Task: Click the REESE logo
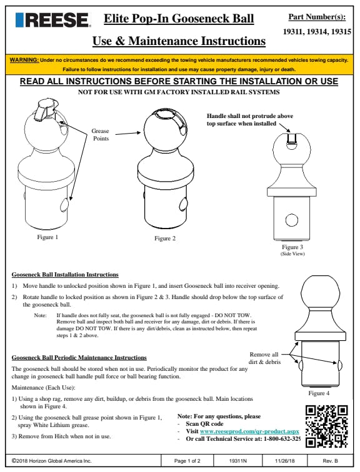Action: coord(52,20)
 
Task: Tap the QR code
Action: coord(326,426)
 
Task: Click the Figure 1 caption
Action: coord(47,237)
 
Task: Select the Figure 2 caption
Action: coord(165,238)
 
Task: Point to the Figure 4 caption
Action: coord(319,393)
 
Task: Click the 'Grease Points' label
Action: coord(101,135)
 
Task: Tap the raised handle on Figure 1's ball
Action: coord(44,109)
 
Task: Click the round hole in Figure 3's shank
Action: coord(292,220)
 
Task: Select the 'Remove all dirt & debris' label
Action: coord(264,358)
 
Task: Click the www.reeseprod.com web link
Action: coord(249,431)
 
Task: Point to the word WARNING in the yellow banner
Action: coord(24,60)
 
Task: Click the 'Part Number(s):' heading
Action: coord(317,17)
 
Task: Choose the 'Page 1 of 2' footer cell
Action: coord(187,461)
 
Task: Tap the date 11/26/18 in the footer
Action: coord(284,461)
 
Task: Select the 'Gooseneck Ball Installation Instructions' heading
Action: coord(65,275)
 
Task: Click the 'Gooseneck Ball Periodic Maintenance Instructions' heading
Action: coord(79,358)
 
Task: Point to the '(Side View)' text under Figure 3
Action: coord(292,253)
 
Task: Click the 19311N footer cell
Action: coord(237,461)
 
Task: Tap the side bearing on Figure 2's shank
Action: coord(184,204)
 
